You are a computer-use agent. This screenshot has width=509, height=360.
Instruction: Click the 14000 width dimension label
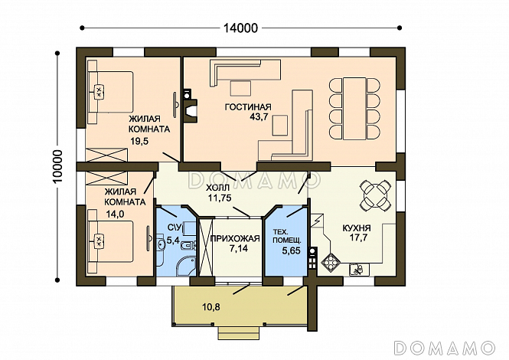click(x=240, y=28)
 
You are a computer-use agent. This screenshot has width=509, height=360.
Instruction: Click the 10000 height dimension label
click(x=58, y=167)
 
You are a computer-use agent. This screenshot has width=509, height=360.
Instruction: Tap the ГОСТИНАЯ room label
click(x=248, y=107)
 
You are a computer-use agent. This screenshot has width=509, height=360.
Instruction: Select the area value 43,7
click(x=259, y=117)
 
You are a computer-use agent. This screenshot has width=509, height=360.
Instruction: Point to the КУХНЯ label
click(x=357, y=228)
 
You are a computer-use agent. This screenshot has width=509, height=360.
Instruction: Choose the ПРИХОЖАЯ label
click(x=235, y=239)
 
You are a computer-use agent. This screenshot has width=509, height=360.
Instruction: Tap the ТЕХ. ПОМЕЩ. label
click(x=287, y=236)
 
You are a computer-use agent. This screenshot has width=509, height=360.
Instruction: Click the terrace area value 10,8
click(x=210, y=306)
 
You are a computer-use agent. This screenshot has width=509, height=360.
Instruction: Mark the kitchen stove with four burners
click(x=331, y=260)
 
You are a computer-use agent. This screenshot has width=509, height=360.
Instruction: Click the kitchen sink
click(x=359, y=270)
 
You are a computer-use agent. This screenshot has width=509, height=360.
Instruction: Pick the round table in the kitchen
click(x=375, y=195)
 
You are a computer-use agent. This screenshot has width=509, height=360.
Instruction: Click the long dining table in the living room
click(x=355, y=108)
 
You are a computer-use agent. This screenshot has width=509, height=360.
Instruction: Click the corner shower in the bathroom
click(x=185, y=267)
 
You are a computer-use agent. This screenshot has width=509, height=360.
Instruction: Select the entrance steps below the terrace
click(x=240, y=332)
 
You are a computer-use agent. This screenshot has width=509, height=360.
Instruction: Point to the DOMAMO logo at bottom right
click(x=445, y=348)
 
